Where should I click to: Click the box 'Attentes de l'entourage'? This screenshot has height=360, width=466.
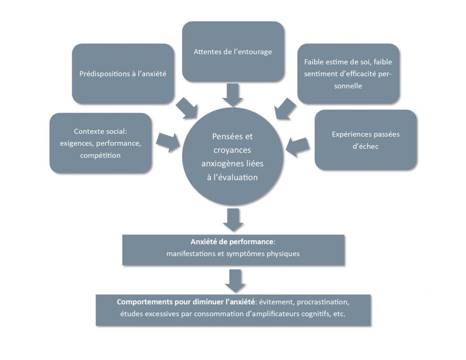pos(233,51)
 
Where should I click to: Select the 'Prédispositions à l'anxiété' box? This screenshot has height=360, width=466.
pos(122,74)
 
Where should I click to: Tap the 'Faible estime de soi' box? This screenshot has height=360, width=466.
pos(348,74)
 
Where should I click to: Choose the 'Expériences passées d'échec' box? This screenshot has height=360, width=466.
pos(365,140)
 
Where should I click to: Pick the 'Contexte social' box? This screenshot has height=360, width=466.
pos(100,143)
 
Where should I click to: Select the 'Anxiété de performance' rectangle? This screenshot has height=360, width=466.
pos(233,249)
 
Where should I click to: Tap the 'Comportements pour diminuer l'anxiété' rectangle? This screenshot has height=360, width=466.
pos(233,309)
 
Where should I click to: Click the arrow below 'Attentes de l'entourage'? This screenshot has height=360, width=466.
pos(233,94)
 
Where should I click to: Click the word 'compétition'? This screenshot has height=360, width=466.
pos(100,156)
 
